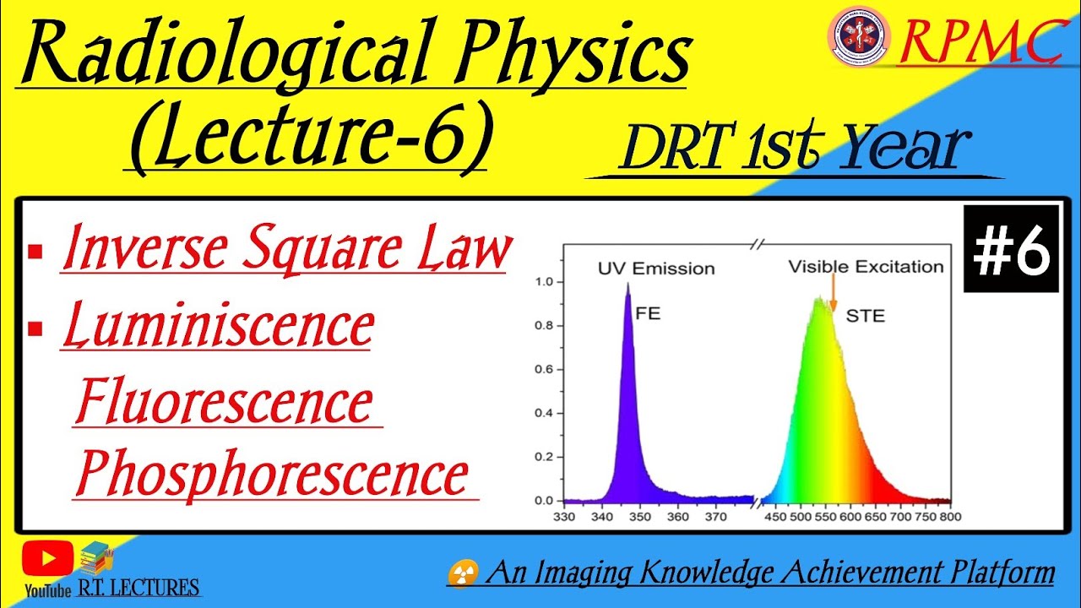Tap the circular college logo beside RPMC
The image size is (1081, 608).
(859, 35)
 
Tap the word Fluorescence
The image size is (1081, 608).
(225, 403)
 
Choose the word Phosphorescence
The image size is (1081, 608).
(272, 475)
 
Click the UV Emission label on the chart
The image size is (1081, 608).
(656, 269)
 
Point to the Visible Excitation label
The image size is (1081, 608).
(866, 267)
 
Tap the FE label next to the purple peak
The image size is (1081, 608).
(648, 313)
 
